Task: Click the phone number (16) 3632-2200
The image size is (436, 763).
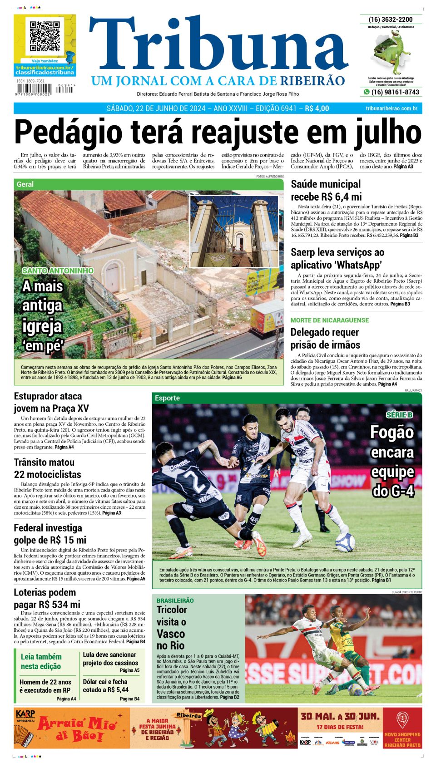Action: click(391, 20)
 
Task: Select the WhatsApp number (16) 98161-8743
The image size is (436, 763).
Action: click(395, 92)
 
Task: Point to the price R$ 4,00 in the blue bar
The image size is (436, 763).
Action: click(317, 108)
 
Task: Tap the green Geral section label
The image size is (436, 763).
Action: click(25, 184)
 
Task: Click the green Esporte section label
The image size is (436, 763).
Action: click(167, 398)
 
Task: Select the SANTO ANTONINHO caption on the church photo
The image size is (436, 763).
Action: click(58, 271)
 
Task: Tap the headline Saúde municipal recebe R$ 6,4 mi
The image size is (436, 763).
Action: click(326, 190)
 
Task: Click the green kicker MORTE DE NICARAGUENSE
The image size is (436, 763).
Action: click(329, 320)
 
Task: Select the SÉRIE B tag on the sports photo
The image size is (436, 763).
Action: click(399, 414)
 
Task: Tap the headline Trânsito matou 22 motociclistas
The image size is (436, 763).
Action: click(47, 468)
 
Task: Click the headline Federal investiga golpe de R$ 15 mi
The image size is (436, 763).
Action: click(50, 534)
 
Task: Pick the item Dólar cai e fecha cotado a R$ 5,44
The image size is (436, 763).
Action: click(106, 685)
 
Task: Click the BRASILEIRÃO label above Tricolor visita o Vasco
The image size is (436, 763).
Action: click(175, 600)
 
